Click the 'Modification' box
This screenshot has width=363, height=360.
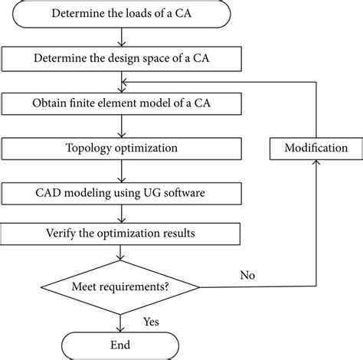point(316,147)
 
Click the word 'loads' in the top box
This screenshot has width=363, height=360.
point(135,13)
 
